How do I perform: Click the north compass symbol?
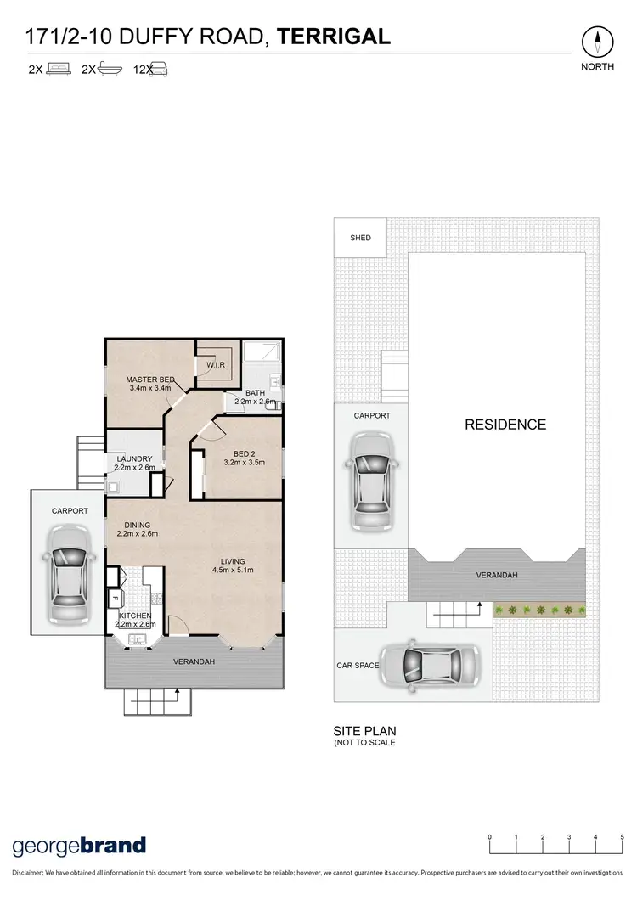pos(598,42)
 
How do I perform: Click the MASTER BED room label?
pos(150,380)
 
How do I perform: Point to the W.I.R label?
pos(215,365)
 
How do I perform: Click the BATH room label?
pos(255,392)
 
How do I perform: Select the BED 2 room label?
pos(245,454)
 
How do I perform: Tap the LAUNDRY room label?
pos(134,459)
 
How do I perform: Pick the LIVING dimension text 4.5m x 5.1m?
pos(233,570)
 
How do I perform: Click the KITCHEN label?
pos(135,615)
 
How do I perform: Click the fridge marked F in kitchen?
pos(115,599)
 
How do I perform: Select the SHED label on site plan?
pos(361,239)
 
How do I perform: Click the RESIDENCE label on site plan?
pos(505,425)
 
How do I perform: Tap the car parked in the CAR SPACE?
pos(429,665)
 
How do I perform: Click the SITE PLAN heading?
pos(364,730)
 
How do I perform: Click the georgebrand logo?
pos(79,845)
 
